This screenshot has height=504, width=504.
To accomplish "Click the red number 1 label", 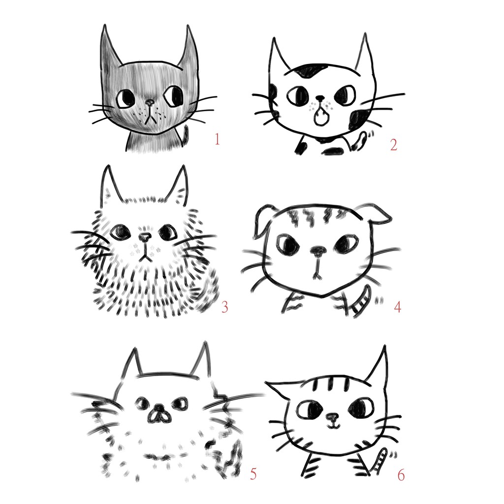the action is [x=217, y=139].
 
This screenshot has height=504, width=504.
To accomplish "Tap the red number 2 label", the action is [x=394, y=145].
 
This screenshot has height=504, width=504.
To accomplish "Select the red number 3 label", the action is [x=224, y=307].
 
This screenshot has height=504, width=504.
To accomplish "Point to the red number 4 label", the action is [x=398, y=307].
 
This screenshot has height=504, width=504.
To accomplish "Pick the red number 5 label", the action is [x=253, y=474].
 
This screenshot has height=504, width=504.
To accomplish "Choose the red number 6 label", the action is [x=401, y=475].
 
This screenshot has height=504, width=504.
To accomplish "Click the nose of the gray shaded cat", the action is [x=150, y=102].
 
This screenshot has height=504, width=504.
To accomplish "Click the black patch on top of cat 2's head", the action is [x=310, y=70].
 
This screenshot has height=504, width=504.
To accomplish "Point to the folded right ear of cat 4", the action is [x=378, y=214].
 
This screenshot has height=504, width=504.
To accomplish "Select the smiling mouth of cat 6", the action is [x=333, y=426].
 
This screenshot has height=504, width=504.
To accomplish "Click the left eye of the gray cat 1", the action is [x=126, y=98].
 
